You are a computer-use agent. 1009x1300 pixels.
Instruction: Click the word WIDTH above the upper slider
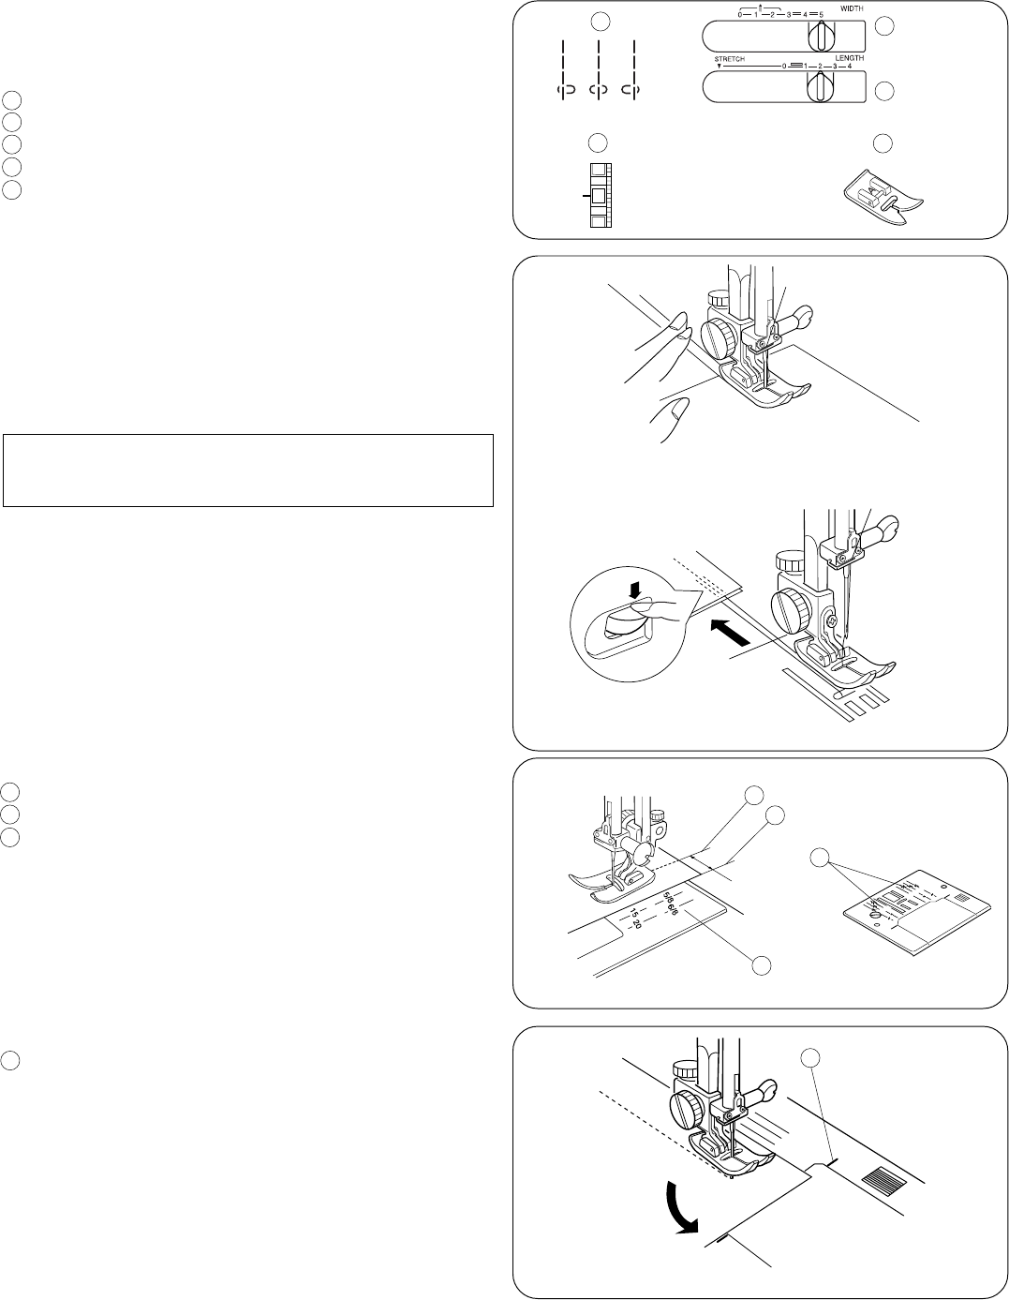[x=851, y=9]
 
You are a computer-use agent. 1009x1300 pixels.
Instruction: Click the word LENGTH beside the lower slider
[x=850, y=57]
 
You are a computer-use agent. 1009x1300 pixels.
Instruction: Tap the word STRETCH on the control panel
[x=730, y=59]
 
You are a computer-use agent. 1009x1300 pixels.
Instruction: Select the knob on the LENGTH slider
[x=819, y=86]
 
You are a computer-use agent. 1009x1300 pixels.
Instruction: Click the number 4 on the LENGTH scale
[x=850, y=67]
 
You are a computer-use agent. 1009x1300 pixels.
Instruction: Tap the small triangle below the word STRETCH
[x=717, y=67]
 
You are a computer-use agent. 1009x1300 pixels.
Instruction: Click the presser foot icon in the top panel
[x=882, y=196]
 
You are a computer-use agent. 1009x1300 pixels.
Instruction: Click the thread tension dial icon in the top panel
[x=599, y=195]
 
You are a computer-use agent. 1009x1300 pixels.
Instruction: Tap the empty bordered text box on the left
[x=248, y=470]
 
